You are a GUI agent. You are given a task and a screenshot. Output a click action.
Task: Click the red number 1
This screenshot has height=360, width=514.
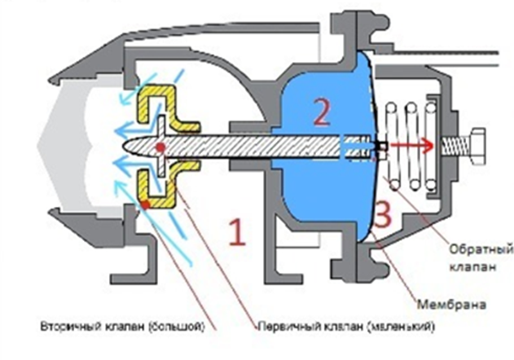pos(237,233)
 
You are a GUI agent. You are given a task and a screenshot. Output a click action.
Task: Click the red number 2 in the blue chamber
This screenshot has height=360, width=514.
pos(321,114)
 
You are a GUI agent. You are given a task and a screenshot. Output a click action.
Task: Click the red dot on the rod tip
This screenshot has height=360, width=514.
pos(160,147)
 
